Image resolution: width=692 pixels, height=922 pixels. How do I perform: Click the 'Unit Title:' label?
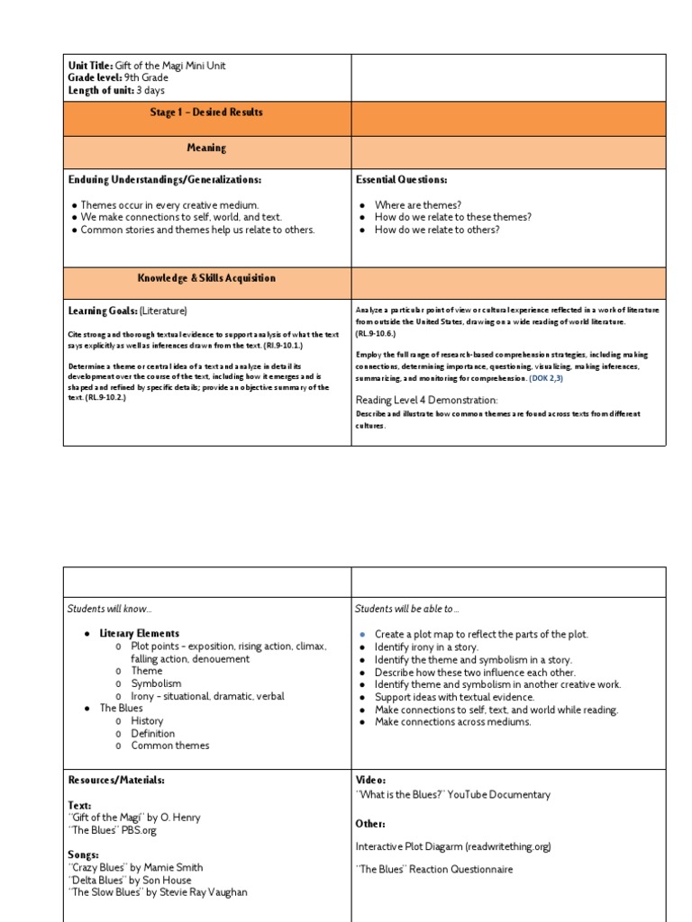coord(91,66)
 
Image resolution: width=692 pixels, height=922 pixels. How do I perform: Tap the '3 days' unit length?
coord(150,91)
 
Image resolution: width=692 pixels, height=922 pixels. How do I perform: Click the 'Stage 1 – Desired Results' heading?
coord(206,113)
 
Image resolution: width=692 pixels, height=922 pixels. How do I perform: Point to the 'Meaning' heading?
coord(206,148)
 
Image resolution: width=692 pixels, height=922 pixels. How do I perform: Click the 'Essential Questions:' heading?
coord(401,180)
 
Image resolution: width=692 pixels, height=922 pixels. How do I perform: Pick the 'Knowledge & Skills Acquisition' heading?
coord(206,278)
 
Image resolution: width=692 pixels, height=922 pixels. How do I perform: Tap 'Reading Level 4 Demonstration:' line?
coord(426,400)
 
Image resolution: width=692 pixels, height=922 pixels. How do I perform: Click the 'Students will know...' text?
coord(110,610)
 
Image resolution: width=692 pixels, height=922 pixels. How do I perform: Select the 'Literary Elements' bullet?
coord(139,634)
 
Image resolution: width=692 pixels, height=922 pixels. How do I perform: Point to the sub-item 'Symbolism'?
coord(156,683)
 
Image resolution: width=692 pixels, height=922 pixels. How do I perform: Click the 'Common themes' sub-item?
coord(169,746)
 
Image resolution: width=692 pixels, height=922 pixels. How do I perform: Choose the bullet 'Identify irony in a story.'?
coord(426,647)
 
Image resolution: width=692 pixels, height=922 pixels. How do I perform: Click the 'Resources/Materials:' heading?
coord(116,780)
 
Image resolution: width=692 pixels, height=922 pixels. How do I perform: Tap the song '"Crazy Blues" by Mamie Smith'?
coord(135,867)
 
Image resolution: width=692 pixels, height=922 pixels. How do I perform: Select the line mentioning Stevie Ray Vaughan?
coord(157,892)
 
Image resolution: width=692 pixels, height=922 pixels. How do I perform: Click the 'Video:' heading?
coord(370,780)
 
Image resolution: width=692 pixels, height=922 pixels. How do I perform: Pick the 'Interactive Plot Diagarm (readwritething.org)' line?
coord(453,846)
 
